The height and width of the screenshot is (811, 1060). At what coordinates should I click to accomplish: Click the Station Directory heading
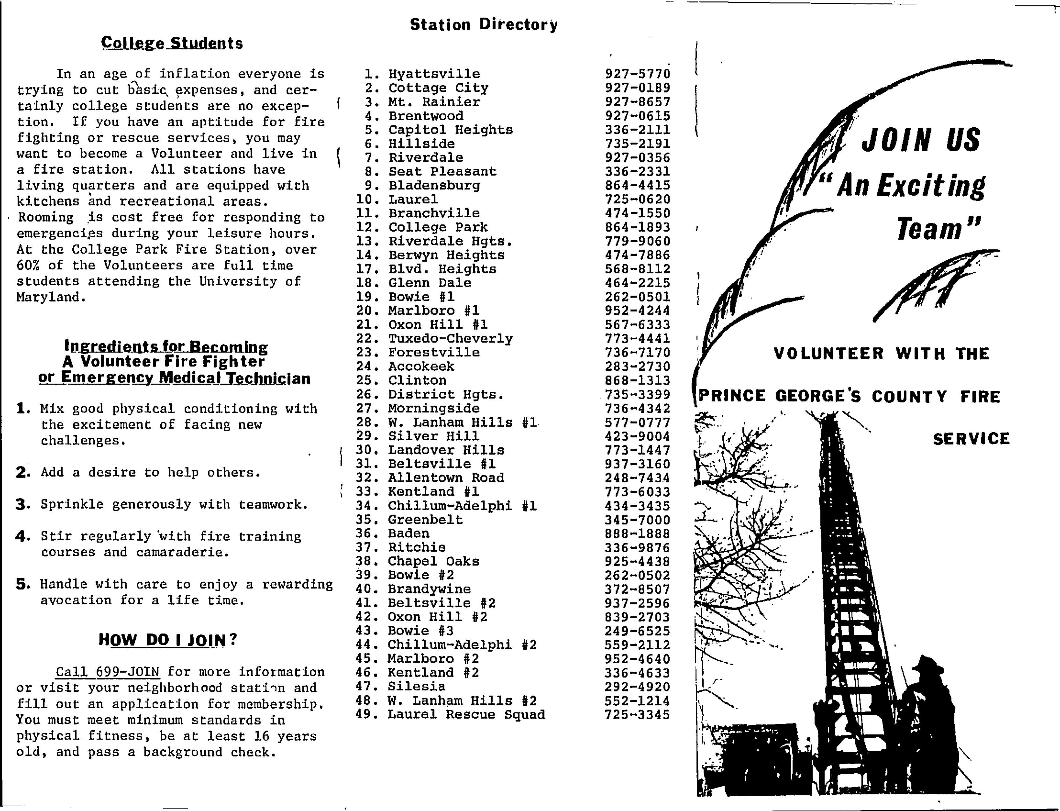[484, 25]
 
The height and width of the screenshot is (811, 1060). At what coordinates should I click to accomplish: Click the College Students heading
[172, 43]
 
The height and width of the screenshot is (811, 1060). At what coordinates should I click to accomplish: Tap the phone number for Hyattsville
[638, 74]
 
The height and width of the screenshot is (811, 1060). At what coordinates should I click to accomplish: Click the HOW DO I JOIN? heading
[168, 640]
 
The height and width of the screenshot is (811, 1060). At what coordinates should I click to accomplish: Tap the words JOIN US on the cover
[921, 140]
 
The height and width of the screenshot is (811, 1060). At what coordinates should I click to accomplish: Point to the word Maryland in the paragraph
[51, 297]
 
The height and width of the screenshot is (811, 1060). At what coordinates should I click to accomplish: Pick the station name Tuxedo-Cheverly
[450, 339]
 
